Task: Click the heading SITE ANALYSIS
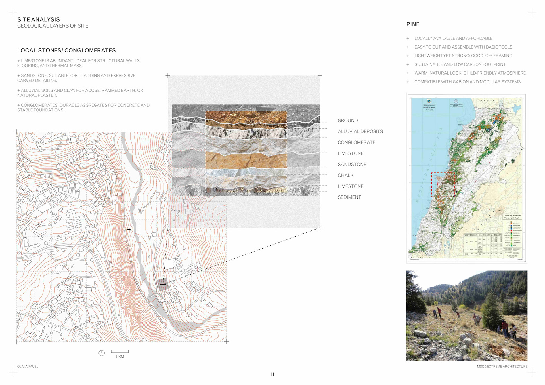click(39, 19)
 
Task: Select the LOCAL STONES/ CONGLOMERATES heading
click(66, 50)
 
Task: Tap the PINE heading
click(413, 24)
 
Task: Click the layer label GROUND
click(348, 121)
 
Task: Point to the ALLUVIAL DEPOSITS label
click(360, 131)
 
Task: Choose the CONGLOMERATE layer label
click(357, 142)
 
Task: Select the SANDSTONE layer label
click(352, 164)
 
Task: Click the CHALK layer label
click(345, 175)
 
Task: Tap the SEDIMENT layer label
click(349, 197)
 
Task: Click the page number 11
click(272, 374)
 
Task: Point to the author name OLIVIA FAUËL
click(28, 367)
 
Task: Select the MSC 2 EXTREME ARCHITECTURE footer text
click(502, 367)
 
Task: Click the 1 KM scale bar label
click(120, 357)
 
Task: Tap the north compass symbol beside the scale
click(102, 353)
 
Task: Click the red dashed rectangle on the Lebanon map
click(443, 185)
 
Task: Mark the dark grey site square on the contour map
click(163, 284)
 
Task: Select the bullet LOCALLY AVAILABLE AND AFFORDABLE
click(453, 38)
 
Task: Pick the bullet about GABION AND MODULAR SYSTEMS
click(467, 82)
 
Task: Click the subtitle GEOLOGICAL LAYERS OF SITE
click(53, 26)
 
